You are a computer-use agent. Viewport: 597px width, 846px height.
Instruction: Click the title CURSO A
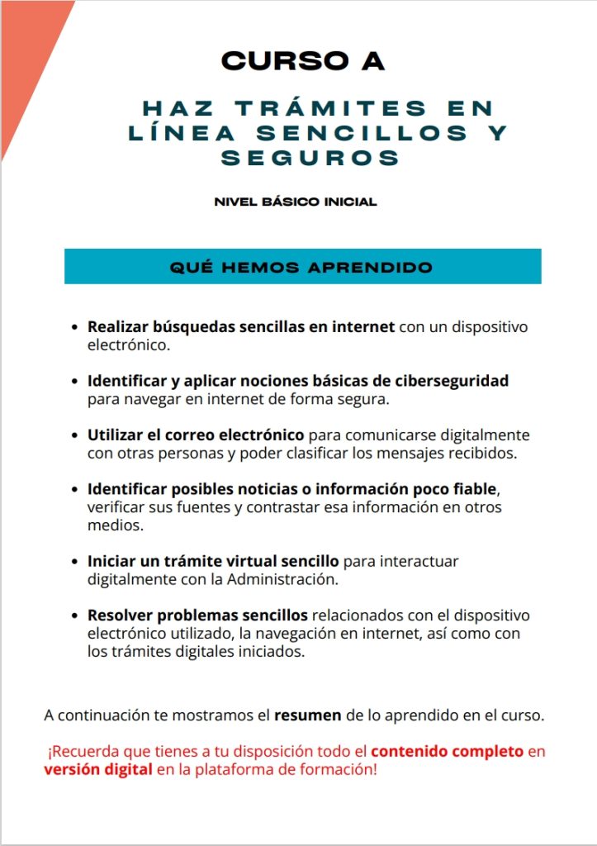[303, 60]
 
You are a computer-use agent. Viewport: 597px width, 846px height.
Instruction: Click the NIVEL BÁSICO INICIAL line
[295, 202]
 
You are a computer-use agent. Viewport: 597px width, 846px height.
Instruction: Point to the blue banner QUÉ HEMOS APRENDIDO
[302, 267]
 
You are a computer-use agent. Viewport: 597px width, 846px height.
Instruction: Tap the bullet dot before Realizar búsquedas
[76, 328]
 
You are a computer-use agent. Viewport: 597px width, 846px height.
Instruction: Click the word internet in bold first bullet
[362, 327]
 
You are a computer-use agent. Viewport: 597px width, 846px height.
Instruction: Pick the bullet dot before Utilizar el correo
[76, 435]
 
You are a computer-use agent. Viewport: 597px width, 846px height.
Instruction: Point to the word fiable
[473, 489]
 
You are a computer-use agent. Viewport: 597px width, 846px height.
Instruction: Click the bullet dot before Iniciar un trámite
[76, 562]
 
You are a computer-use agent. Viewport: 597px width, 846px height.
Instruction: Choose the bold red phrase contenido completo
[447, 752]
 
